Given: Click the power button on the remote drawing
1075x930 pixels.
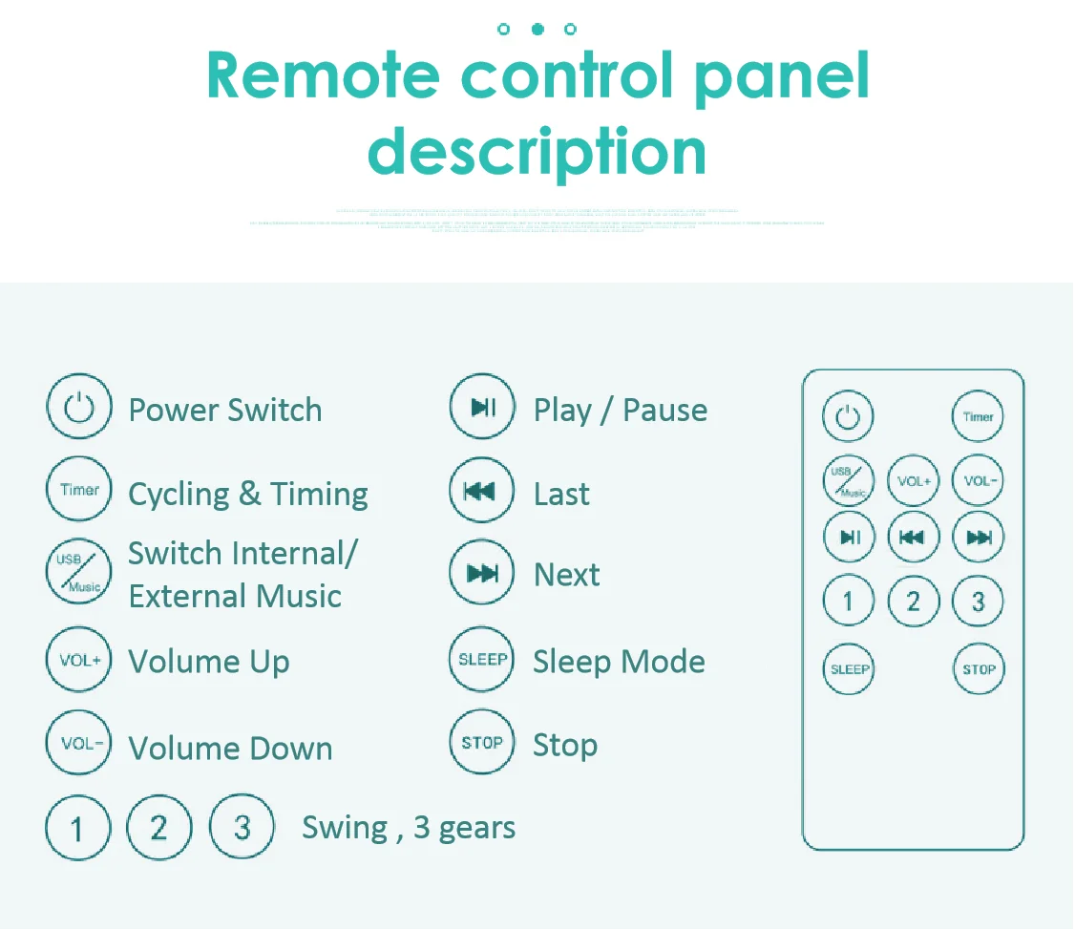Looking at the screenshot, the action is click(848, 416).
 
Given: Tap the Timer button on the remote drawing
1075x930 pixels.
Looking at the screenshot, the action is click(978, 416).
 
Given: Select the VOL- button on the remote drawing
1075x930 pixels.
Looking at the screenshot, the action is click(978, 480).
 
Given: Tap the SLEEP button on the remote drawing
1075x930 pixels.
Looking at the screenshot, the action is click(849, 668).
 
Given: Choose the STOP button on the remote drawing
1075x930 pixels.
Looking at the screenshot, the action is click(978, 668).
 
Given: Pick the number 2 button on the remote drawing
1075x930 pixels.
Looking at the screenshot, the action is click(913, 602).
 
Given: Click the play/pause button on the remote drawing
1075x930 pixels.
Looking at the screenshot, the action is click(849, 538).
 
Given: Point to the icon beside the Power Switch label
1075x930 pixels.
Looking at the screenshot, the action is click(79, 409).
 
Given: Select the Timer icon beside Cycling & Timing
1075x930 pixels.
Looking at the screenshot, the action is click(79, 490).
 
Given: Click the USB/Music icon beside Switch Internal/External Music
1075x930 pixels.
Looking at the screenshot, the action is click(79, 572).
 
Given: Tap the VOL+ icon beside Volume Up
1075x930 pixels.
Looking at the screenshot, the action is click(79, 660).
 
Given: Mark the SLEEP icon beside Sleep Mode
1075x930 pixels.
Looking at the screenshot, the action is click(482, 660).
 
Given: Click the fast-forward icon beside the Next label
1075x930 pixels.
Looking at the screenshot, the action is click(482, 573).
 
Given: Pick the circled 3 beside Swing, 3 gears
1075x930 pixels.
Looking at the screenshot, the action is click(242, 827).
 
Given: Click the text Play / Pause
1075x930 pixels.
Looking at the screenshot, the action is click(620, 411).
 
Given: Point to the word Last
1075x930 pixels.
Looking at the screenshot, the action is click(561, 494).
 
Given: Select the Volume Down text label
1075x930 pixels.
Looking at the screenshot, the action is click(230, 749).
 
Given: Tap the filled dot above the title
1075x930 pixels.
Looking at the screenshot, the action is click(537, 30).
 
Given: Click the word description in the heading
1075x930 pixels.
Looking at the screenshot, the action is click(537, 151).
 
